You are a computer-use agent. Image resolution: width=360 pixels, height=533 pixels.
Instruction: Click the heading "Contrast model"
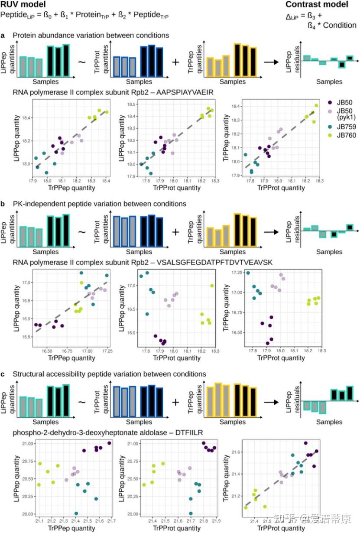(316, 5)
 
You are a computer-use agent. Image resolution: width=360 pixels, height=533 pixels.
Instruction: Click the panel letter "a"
(3, 35)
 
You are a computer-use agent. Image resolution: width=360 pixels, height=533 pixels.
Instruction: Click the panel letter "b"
(3, 203)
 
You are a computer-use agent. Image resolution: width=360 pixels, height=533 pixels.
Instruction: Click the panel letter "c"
(3, 374)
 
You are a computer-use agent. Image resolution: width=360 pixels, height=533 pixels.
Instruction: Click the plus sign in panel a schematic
(175, 62)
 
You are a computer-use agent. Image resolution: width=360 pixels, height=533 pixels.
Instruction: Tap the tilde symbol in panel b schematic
(81, 231)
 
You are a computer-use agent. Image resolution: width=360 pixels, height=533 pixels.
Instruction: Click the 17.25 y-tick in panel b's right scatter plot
(237, 273)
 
